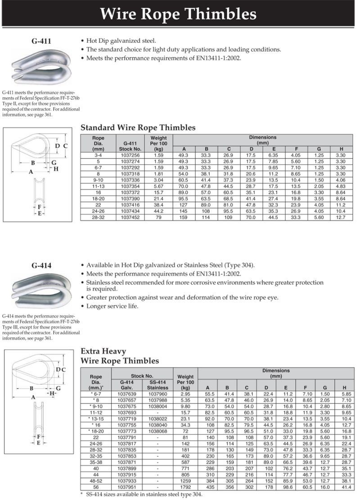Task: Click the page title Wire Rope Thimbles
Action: pos(178,14)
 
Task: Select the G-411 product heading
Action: pos(41,41)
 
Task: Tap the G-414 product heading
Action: pos(41,265)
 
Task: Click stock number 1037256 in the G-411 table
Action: pos(130,155)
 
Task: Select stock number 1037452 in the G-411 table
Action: pos(130,218)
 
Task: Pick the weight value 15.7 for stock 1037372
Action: pos(158,193)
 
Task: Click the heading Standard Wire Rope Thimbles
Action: pos(138,127)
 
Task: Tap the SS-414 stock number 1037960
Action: pos(157,394)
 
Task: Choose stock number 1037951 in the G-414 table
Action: pos(126,487)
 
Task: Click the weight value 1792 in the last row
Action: pos(185,487)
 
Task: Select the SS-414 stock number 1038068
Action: pos(157,431)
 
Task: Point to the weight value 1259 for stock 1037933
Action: pos(185,481)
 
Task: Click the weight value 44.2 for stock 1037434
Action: pos(158,211)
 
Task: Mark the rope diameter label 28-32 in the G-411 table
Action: pos(98,218)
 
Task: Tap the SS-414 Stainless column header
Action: pos(157,385)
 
